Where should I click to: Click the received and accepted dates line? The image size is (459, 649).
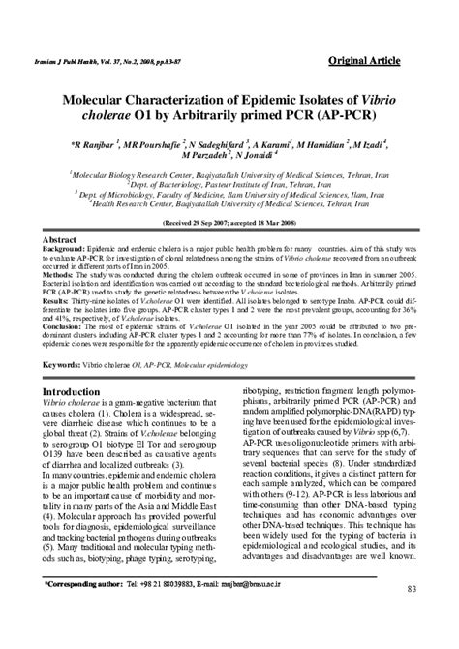(x=229, y=222)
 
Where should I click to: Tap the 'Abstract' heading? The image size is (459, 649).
(x=60, y=237)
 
